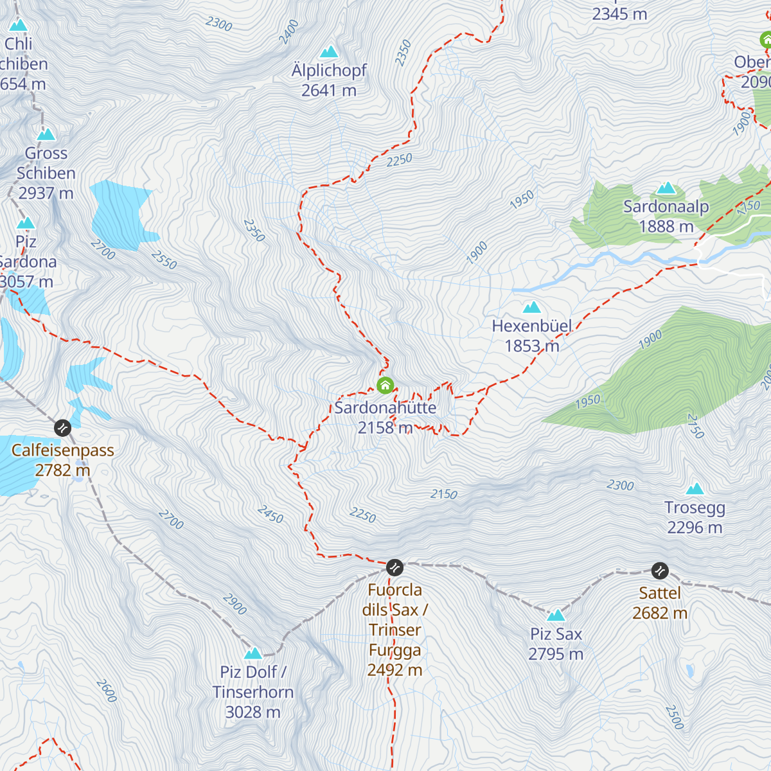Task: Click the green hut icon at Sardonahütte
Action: coord(385,385)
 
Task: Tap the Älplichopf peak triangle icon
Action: coord(329,51)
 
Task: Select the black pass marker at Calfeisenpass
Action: coord(62,427)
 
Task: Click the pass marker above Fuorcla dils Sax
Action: coord(394,567)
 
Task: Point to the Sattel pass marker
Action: coord(660,571)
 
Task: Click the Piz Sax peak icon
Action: coord(556,615)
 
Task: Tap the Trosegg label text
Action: coord(695,508)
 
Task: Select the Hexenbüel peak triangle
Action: coord(531,307)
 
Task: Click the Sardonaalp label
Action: coord(666,206)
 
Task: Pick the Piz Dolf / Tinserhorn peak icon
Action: coord(253,653)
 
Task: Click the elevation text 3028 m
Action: coord(253,712)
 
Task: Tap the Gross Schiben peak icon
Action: coord(46,134)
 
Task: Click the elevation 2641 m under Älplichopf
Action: coord(329,91)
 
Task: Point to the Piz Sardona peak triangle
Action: coord(26,223)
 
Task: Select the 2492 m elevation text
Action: coord(394,670)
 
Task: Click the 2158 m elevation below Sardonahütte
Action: coord(385,427)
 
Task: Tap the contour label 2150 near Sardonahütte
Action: coord(444,493)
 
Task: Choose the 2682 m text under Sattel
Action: coord(660,613)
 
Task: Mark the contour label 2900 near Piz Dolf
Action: coord(235,604)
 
